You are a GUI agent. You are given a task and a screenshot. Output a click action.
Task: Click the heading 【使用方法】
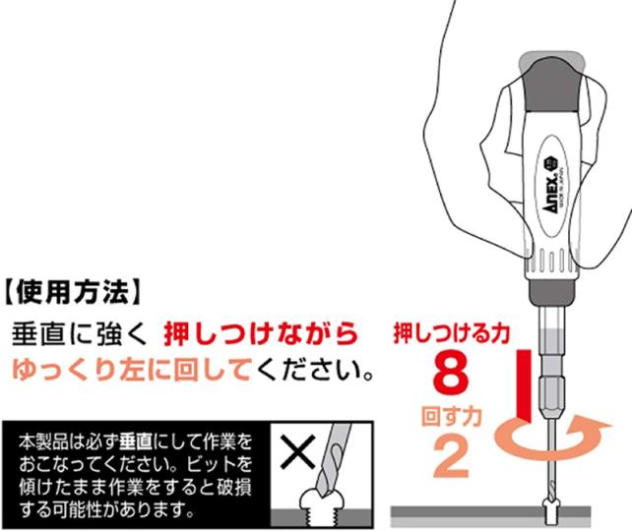tap(73, 291)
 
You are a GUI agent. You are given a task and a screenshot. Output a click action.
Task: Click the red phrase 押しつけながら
tap(261, 334)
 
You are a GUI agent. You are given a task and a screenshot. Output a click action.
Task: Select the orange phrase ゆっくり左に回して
tap(132, 370)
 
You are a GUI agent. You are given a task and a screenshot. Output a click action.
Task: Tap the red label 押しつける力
tap(452, 333)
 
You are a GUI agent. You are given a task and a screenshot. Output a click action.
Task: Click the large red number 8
tap(451, 373)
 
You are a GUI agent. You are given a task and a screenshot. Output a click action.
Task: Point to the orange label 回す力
tap(452, 416)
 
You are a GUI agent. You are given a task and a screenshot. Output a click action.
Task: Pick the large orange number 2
tap(451, 457)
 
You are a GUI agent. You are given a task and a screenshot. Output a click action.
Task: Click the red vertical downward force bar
tap(524, 385)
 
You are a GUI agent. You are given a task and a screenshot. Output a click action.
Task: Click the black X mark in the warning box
tap(298, 452)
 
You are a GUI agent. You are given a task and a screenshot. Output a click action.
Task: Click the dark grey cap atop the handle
tap(552, 84)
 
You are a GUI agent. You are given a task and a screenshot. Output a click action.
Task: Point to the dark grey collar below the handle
tap(551, 290)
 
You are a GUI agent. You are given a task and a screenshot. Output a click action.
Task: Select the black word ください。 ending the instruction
tap(314, 370)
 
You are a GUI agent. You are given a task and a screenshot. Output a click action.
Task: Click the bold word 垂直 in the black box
tap(136, 442)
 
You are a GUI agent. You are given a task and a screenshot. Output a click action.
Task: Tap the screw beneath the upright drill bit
tap(550, 511)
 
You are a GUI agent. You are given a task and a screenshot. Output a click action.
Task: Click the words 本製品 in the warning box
tap(43, 442)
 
